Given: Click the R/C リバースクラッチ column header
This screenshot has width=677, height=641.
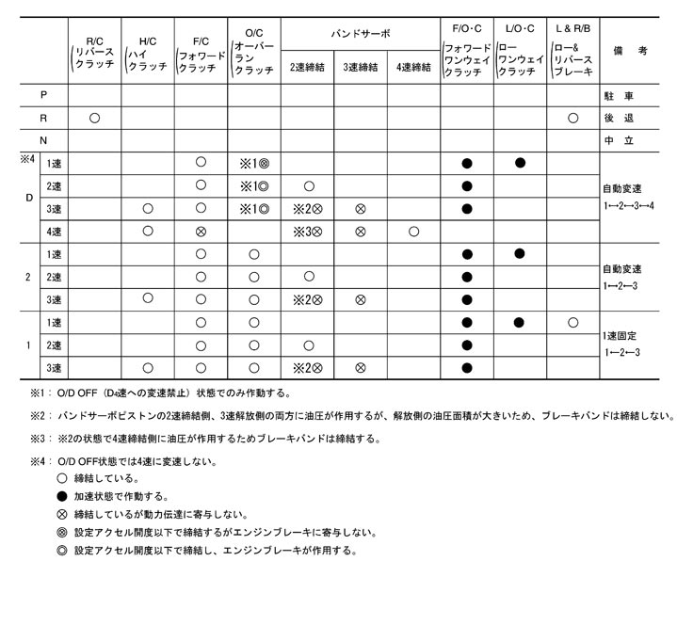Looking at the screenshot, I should click(x=94, y=54).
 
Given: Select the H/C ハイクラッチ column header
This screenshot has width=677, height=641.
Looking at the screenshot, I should click(x=147, y=54).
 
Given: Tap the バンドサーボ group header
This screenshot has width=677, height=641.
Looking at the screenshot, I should click(x=360, y=33).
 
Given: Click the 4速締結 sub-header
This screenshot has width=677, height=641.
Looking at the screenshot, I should click(x=413, y=67).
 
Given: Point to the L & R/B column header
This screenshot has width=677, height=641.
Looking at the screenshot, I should click(x=572, y=54).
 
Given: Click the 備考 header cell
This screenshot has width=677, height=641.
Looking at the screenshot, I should click(x=637, y=51).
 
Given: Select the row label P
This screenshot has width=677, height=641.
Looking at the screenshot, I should click(x=43, y=96).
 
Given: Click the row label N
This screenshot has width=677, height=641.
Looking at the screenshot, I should click(x=43, y=140).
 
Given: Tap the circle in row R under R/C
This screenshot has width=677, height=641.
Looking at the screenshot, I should click(x=94, y=119).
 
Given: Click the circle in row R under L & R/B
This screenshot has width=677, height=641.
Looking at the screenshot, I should click(x=572, y=119).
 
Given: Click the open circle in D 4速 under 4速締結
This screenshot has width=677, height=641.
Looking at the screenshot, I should click(x=413, y=231).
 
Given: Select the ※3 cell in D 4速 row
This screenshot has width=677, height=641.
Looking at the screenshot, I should click(x=307, y=231).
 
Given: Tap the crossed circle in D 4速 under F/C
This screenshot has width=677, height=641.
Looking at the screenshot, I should click(x=201, y=231).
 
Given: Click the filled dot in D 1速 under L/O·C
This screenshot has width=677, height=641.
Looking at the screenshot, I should click(x=519, y=163).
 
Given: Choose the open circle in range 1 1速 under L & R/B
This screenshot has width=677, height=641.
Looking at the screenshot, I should click(x=572, y=322).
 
